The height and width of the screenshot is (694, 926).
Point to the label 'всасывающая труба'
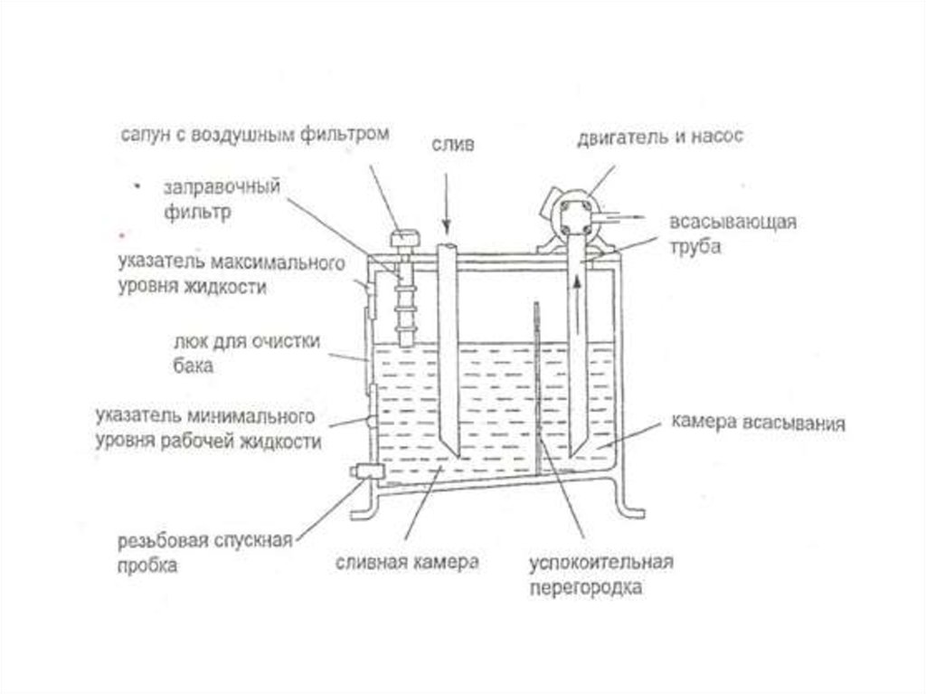tap(732, 233)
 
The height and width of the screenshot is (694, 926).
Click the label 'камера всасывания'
tap(759, 423)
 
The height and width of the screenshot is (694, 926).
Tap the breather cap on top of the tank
tap(405, 240)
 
